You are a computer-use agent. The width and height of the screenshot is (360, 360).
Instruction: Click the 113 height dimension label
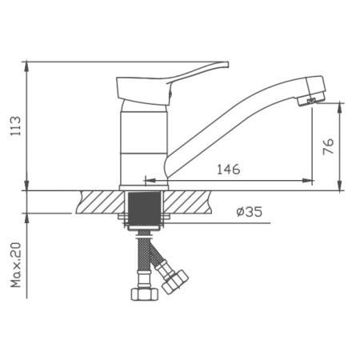click(x=15, y=126)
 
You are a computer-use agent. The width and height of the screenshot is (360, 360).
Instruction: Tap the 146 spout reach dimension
click(x=229, y=170)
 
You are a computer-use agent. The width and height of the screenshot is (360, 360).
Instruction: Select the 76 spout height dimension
click(x=328, y=146)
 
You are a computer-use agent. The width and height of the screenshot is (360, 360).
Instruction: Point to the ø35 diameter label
click(x=250, y=212)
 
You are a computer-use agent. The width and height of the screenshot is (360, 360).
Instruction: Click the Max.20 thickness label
click(x=16, y=265)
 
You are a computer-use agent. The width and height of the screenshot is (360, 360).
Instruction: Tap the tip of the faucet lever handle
click(x=227, y=64)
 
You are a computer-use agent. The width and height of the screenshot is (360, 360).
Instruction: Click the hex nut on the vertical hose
click(x=145, y=294)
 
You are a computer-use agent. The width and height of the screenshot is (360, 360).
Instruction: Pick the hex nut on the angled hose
click(x=175, y=282)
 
